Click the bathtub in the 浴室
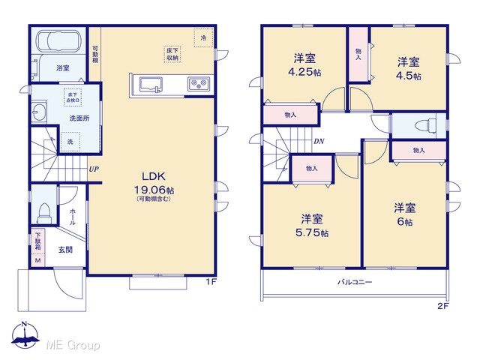pyautogui.click(x=58, y=40)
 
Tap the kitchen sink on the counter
pyautogui.click(x=151, y=84)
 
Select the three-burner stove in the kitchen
pyautogui.click(x=199, y=83)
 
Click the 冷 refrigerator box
pyautogui.click(x=203, y=38)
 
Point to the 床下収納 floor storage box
pyautogui.click(x=172, y=55)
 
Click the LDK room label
pyautogui.click(x=154, y=176)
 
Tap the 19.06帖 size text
pyautogui.click(x=154, y=190)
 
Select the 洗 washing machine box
pyautogui.click(x=70, y=142)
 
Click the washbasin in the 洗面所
pyautogui.click(x=39, y=112)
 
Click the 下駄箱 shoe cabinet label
pyautogui.click(x=38, y=241)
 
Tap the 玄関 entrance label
pyautogui.click(x=65, y=250)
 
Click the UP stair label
pyautogui.click(x=94, y=169)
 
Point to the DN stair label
pyautogui.click(x=319, y=141)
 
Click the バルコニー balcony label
pyautogui.click(x=355, y=282)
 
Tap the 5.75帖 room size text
pyautogui.click(x=312, y=232)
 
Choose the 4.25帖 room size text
pyautogui.click(x=304, y=72)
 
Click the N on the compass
pyautogui.click(x=25, y=324)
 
